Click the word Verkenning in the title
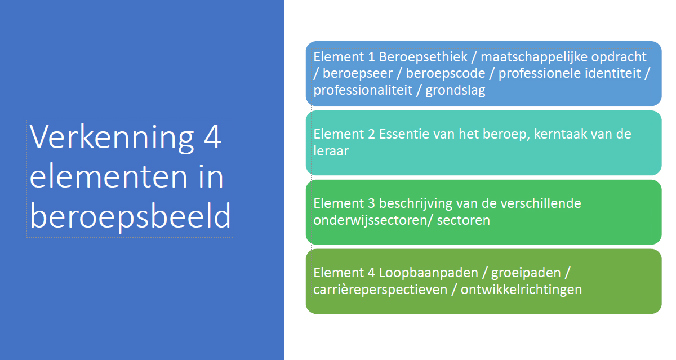click(112, 137)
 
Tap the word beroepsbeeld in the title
click(130, 216)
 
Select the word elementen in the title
click(109, 177)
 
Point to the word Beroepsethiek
click(423, 57)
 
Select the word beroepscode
click(446, 73)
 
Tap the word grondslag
click(455, 91)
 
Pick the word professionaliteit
click(363, 91)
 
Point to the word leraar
click(331, 151)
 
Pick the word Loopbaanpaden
click(429, 273)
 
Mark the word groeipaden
click(526, 273)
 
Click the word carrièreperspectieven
click(380, 290)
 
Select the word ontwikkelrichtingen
click(521, 290)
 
